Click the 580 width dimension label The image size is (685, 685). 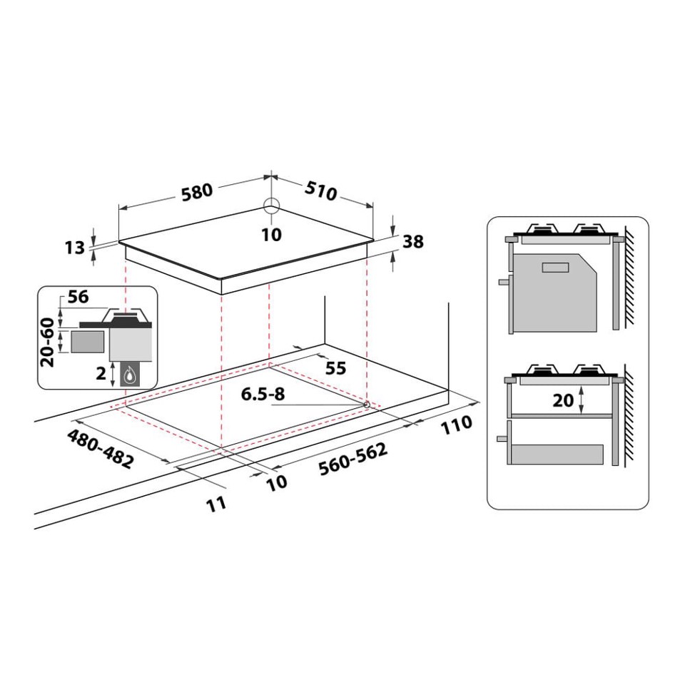[x=196, y=192]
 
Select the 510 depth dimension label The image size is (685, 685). [x=321, y=191]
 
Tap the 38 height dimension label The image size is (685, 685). [x=412, y=242]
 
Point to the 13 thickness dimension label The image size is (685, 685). [x=75, y=248]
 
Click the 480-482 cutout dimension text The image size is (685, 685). [x=101, y=448]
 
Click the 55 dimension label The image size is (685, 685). [x=335, y=368]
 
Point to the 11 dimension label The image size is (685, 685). [x=216, y=503]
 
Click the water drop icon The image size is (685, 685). [x=131, y=375]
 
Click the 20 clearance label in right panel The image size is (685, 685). [x=563, y=400]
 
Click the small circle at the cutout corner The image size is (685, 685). [x=367, y=405]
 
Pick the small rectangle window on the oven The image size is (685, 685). [x=555, y=268]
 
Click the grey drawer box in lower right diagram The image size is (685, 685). [x=559, y=454]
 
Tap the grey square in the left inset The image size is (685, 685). [x=86, y=342]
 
